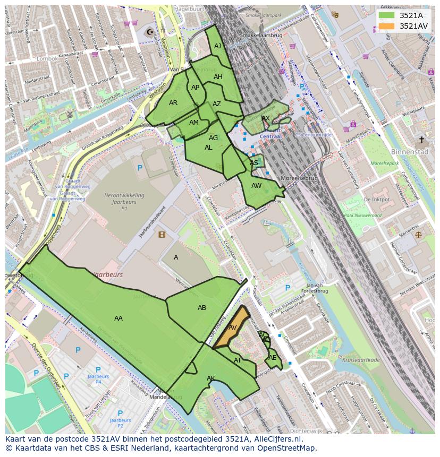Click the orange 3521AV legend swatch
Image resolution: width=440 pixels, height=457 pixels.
click(x=387, y=26)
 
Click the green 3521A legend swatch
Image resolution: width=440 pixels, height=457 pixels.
click(x=387, y=15)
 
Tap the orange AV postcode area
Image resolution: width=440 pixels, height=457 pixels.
click(x=232, y=327)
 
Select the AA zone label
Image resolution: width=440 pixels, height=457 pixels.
click(x=119, y=318)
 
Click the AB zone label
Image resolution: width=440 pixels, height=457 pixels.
click(x=202, y=308)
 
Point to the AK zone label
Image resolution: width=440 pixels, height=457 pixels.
click(x=211, y=378)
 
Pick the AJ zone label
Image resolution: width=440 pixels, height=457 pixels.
click(x=217, y=46)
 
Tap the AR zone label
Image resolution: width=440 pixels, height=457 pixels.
click(x=173, y=103)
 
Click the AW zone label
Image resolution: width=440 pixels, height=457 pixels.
click(x=257, y=186)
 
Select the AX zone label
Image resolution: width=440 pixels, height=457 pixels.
click(x=266, y=118)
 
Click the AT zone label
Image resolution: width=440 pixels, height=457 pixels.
click(x=238, y=360)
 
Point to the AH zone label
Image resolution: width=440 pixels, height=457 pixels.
click(x=218, y=77)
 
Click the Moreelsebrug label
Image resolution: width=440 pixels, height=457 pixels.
click(x=299, y=178)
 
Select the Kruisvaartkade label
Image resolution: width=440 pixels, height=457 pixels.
click(x=361, y=360)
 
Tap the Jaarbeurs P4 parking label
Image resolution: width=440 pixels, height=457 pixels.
click(x=98, y=378)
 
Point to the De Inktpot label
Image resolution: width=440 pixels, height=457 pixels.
click(x=377, y=200)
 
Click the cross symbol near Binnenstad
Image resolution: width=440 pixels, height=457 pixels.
click(x=422, y=140)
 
